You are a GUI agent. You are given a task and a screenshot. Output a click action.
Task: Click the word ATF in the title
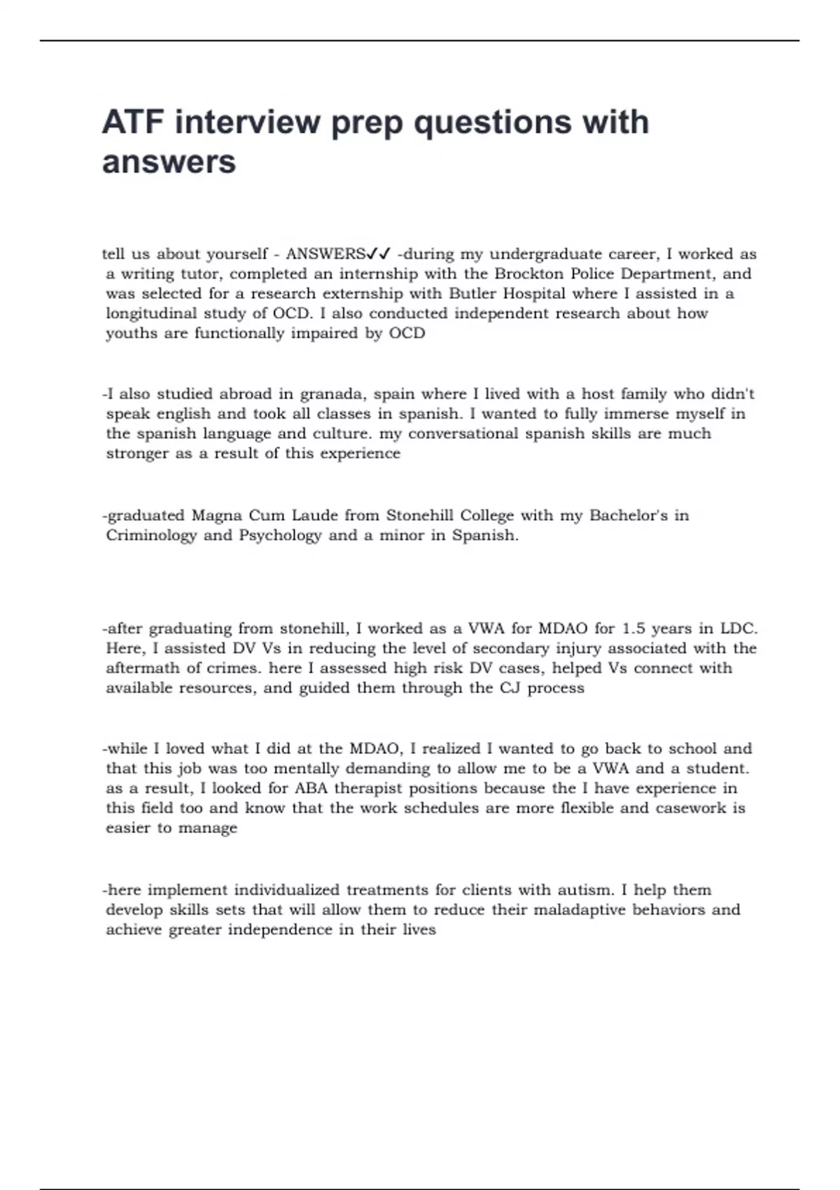click(x=133, y=122)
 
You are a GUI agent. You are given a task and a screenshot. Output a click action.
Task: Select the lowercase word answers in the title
click(x=169, y=162)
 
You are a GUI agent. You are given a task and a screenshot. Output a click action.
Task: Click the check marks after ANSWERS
click(x=379, y=253)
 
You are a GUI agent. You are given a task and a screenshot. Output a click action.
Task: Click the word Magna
click(x=217, y=516)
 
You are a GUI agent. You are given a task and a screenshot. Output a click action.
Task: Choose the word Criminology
click(x=151, y=535)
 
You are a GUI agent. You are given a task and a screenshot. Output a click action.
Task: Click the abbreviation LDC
click(x=738, y=629)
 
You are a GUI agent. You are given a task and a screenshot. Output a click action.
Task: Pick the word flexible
click(x=587, y=808)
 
